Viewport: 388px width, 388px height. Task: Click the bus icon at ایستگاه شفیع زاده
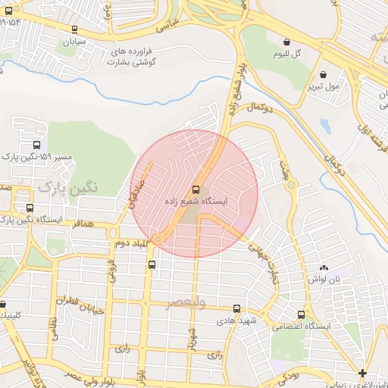(196, 189)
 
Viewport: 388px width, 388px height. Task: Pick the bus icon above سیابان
(74, 30)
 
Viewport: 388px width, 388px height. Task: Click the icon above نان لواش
(324, 268)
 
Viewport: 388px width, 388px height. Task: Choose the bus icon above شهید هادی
(237, 309)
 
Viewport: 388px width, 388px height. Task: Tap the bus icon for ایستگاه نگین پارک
(30, 208)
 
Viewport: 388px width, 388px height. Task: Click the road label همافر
(82, 224)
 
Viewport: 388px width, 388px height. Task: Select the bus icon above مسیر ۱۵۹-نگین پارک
(37, 145)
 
